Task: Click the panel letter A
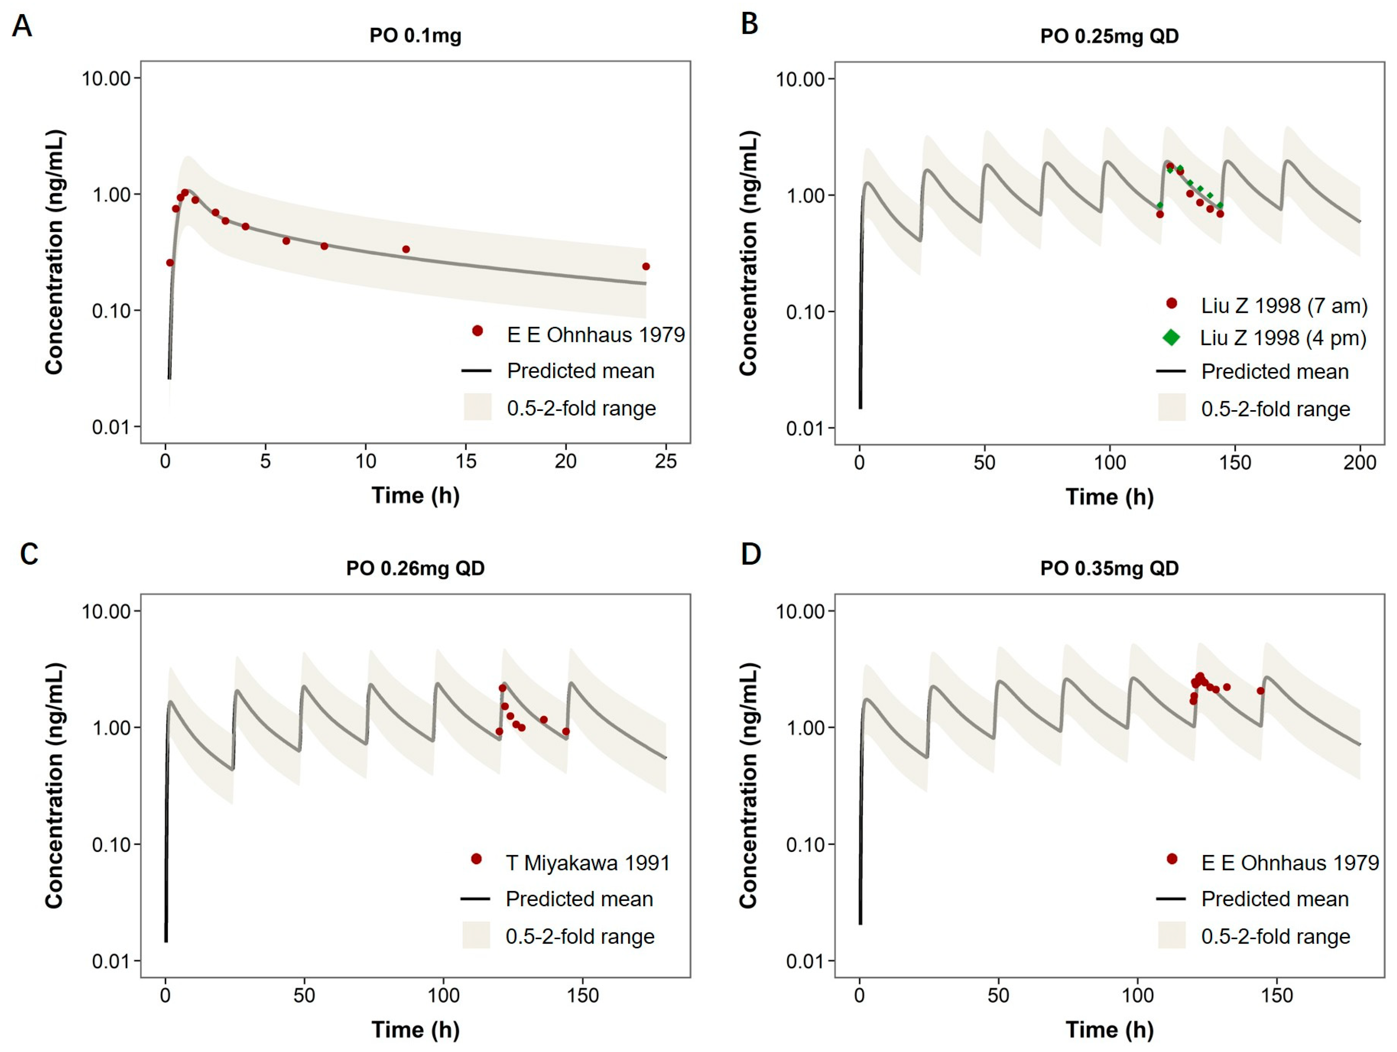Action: point(22,26)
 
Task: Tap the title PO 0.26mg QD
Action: point(415,568)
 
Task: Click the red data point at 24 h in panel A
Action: point(646,267)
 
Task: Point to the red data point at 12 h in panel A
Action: point(406,249)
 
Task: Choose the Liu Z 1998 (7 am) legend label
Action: point(1284,306)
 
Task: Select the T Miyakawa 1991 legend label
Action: point(587,863)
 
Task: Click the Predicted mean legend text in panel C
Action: point(579,899)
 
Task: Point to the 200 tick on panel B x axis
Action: point(1360,463)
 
